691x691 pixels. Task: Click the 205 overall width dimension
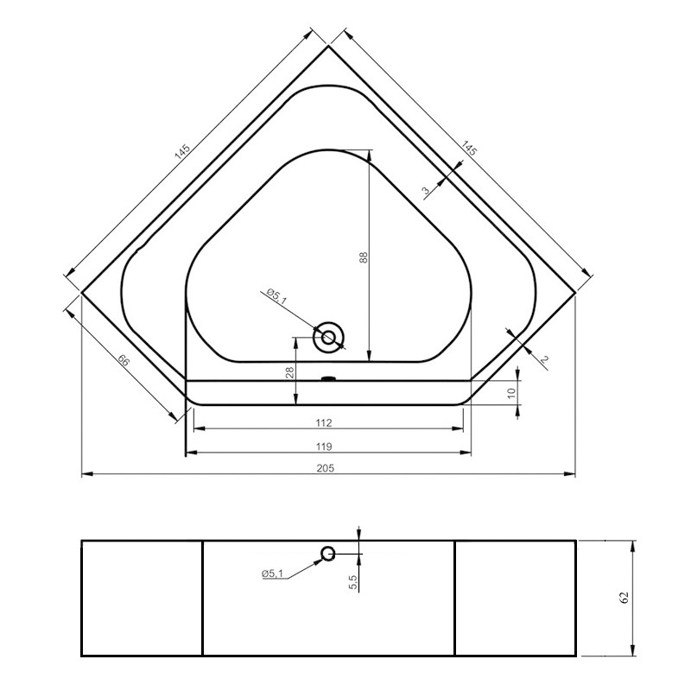326,467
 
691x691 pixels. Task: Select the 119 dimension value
326,446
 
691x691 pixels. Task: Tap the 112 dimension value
325,423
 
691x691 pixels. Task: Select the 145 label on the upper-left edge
182,151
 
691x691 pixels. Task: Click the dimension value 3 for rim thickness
426,192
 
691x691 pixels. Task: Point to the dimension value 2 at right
544,359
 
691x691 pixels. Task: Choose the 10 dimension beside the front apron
511,392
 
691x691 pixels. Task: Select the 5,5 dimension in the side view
353,583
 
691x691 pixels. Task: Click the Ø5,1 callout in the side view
274,574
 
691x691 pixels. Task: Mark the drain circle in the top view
328,337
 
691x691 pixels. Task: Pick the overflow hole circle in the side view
328,554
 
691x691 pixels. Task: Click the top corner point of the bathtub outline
328,46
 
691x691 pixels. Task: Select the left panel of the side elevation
142,598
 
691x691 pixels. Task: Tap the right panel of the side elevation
515,598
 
